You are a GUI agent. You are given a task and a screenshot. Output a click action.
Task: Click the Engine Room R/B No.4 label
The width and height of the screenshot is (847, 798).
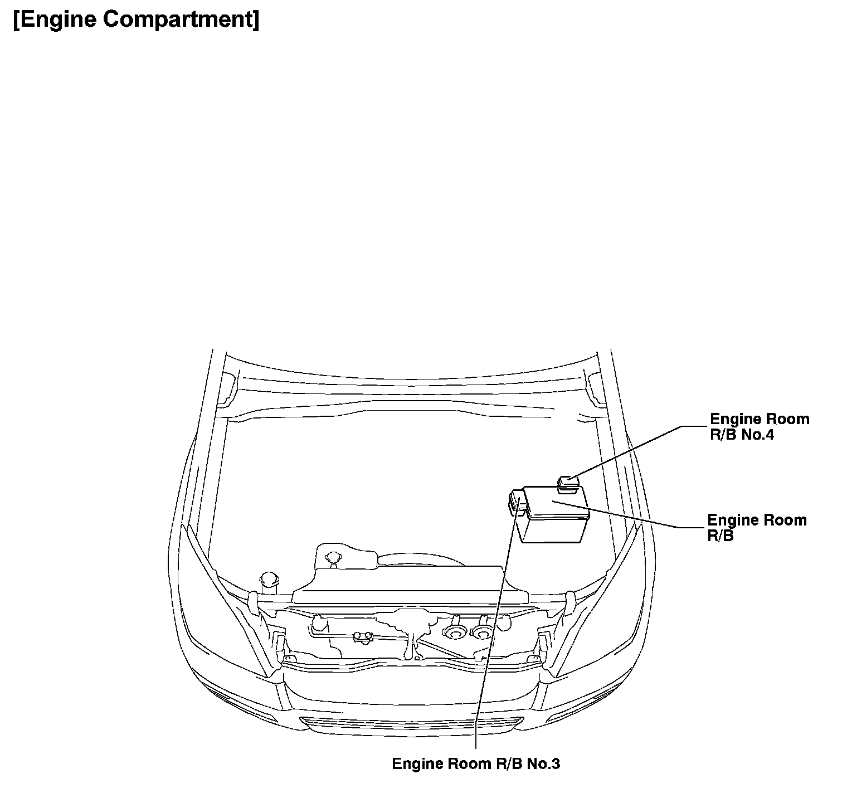click(759, 427)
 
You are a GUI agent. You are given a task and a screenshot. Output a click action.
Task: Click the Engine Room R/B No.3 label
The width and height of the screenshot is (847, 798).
click(476, 763)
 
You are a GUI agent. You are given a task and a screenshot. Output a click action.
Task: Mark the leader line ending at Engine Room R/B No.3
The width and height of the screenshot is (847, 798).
click(490, 641)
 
